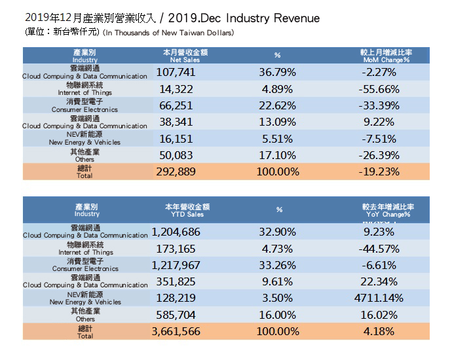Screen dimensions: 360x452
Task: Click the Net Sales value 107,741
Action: tap(181, 72)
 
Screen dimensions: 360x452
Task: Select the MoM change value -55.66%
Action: tap(386, 90)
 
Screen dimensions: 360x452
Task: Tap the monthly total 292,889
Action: tap(181, 171)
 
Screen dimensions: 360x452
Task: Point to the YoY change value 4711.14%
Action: tap(386, 299)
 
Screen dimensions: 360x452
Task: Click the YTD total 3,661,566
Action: tap(176, 331)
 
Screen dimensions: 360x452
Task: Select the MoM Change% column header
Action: tap(386, 55)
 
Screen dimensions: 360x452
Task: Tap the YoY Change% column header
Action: tap(386, 210)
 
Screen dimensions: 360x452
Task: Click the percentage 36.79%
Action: tap(278, 72)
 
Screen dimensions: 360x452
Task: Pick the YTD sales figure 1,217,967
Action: tap(176, 266)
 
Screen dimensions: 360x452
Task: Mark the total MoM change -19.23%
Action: tap(386, 171)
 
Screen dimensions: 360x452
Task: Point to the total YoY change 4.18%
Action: tap(386, 331)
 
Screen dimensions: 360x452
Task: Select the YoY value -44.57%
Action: tap(386, 249)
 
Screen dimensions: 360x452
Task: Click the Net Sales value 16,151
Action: tap(181, 139)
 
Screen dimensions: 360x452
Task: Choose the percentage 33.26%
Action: tap(278, 266)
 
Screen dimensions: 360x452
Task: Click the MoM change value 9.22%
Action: tap(386, 122)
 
